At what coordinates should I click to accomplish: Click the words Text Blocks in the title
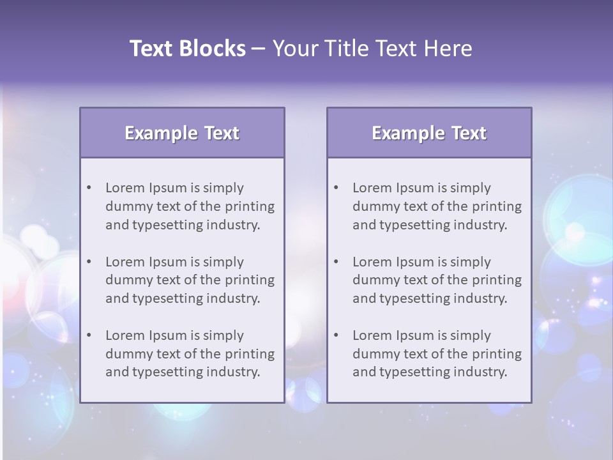coord(187,49)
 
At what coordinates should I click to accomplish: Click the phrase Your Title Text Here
coord(372,49)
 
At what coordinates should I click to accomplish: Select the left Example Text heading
coord(182,133)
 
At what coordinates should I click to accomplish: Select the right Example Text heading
coord(429,133)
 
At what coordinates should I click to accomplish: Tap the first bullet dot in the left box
coord(89,188)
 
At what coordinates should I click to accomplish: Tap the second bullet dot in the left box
coord(89,262)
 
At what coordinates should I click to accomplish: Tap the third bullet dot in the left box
coord(89,335)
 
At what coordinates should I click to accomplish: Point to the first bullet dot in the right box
coord(336,188)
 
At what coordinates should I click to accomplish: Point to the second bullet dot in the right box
coord(336,262)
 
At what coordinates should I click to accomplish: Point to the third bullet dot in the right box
coord(336,335)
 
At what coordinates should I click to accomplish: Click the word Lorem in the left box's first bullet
coord(125,188)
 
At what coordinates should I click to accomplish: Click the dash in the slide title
coord(259,49)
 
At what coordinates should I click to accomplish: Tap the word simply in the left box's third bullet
coord(223,335)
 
